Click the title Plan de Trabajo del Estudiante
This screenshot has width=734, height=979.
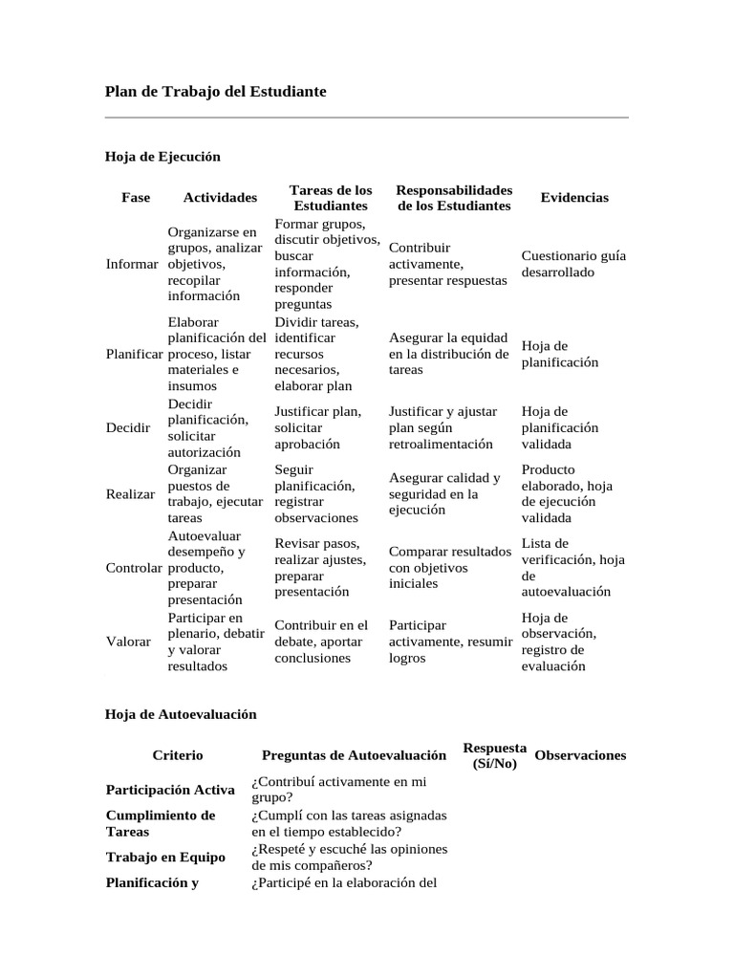(x=215, y=92)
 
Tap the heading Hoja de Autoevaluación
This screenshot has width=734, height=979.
(x=180, y=714)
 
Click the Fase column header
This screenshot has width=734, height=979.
(x=136, y=198)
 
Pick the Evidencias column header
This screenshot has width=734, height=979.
(x=574, y=198)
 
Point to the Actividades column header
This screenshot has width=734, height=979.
(x=220, y=198)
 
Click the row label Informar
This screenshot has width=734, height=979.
(x=132, y=264)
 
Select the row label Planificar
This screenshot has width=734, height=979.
(x=134, y=354)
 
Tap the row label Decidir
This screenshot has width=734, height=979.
(x=128, y=427)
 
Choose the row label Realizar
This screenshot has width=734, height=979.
(x=131, y=493)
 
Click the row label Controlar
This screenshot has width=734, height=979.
(x=134, y=568)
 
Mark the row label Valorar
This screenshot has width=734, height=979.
(x=128, y=642)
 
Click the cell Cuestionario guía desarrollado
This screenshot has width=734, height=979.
(x=573, y=264)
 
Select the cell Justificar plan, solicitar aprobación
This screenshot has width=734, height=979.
(x=317, y=427)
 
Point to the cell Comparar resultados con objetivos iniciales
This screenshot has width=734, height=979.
(x=449, y=567)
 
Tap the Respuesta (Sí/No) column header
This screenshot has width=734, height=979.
(x=494, y=755)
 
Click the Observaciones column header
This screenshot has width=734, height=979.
(x=580, y=755)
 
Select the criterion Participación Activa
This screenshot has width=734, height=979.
(x=170, y=790)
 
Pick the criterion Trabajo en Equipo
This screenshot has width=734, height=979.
(x=165, y=858)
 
